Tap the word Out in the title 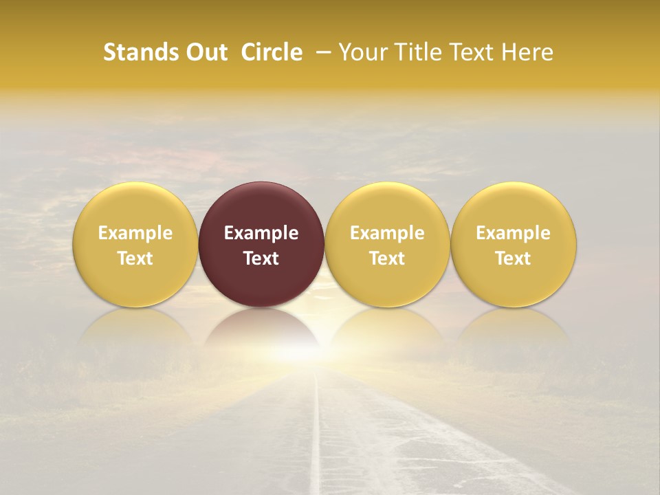(x=206, y=52)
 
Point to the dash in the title (x=320, y=52)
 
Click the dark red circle (x=261, y=206)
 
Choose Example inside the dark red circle (x=261, y=233)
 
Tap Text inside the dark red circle (x=261, y=258)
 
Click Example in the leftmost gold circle (x=135, y=233)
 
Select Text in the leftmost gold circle (x=135, y=258)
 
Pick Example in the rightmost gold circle (x=513, y=233)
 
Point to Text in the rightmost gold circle (x=513, y=258)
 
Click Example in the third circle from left (x=387, y=233)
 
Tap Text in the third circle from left (x=387, y=258)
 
